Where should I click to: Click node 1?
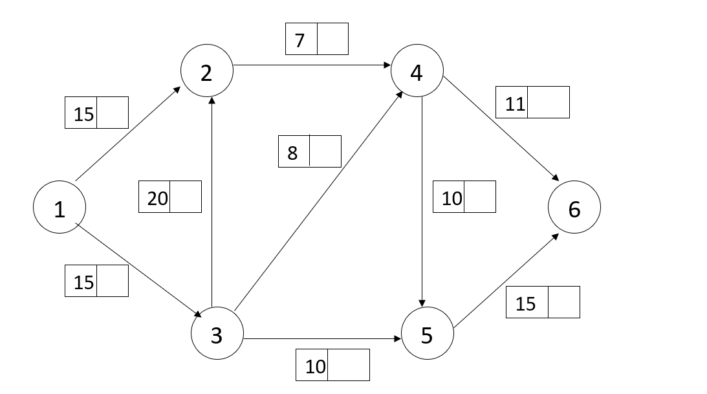point(60,208)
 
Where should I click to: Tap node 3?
point(217,335)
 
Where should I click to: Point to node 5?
point(427,335)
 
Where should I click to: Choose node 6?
point(574,208)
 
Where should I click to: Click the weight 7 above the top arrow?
point(300,40)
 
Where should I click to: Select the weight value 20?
point(157,198)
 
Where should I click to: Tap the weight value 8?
point(293,153)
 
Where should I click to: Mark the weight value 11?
point(515,104)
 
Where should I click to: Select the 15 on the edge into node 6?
point(526,303)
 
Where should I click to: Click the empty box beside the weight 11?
point(549,103)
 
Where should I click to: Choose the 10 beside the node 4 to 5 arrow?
point(452,198)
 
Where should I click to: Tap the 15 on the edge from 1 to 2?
point(83,114)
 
